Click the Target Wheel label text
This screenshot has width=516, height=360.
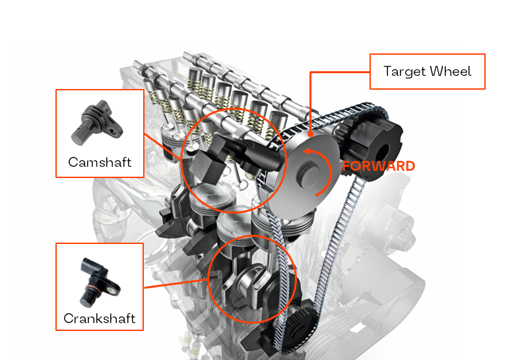point(427,71)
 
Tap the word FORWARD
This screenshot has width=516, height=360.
point(379,166)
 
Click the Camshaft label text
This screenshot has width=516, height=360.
point(100,162)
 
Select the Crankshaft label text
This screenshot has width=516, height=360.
point(100,318)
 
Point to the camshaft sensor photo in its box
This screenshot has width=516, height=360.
point(97,123)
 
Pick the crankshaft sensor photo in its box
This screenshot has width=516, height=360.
point(100,282)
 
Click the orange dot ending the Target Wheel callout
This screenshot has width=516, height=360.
point(310,134)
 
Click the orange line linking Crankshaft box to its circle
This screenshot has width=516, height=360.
point(176,284)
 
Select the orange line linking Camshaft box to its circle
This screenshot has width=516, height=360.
point(163,146)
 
